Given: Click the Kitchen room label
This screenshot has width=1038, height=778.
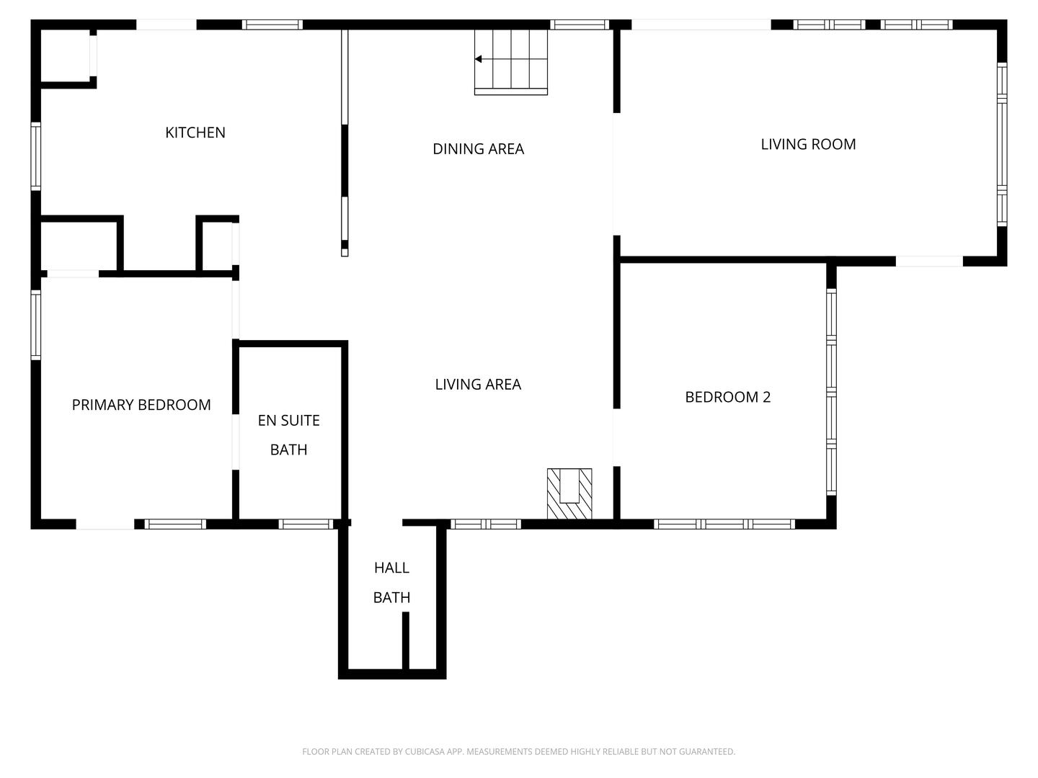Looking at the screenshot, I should pyautogui.click(x=195, y=133).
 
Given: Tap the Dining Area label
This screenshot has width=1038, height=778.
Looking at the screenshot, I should pyautogui.click(x=478, y=149).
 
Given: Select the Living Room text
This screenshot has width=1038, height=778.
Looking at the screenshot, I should pyautogui.click(x=808, y=144).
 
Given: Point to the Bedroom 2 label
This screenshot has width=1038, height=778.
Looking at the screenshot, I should pyautogui.click(x=727, y=397).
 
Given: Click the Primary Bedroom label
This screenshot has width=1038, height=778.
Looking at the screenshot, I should pyautogui.click(x=141, y=405).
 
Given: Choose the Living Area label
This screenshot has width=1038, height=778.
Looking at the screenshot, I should pyautogui.click(x=478, y=385).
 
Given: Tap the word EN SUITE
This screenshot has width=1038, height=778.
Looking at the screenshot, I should pyautogui.click(x=288, y=421).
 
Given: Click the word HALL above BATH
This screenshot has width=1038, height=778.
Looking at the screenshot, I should pyautogui.click(x=391, y=568).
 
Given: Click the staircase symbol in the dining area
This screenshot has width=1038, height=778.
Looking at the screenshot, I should pyautogui.click(x=511, y=62).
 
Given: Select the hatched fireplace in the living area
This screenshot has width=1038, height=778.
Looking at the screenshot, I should pyautogui.click(x=569, y=493).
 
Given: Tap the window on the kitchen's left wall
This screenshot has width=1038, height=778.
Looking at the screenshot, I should pyautogui.click(x=35, y=156).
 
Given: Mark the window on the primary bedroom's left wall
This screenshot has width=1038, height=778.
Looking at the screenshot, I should pyautogui.click(x=35, y=324).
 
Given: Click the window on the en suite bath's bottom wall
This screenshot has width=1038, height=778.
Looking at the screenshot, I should pyautogui.click(x=306, y=524).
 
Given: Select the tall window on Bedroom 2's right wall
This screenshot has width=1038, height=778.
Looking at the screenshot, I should pyautogui.click(x=831, y=392).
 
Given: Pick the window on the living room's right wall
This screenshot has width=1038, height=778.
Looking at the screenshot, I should pyautogui.click(x=1001, y=144).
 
